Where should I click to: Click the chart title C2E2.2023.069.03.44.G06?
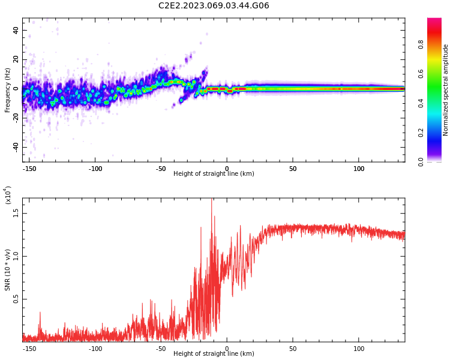pyautogui.click(x=214, y=6)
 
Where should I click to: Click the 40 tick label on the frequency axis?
pyautogui.click(x=16, y=30)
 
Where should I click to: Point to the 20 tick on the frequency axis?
pyautogui.click(x=16, y=59)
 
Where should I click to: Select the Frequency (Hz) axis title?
pyautogui.click(x=8, y=90)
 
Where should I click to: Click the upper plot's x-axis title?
pyautogui.click(x=214, y=174)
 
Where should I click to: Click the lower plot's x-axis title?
pyautogui.click(x=214, y=354)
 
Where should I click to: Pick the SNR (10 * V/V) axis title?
pyautogui.click(x=8, y=270)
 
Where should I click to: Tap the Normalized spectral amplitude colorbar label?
pyautogui.click(x=446, y=90)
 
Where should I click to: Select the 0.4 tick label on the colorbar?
pyautogui.click(x=437, y=103)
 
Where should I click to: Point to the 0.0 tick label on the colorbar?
pyautogui.click(x=437, y=161)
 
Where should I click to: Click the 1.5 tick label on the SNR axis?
pyautogui.click(x=16, y=212)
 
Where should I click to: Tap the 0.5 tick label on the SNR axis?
pyautogui.click(x=16, y=298)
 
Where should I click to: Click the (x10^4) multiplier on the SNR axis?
pyautogui.click(x=8, y=196)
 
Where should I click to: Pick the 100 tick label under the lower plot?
pyautogui.click(x=359, y=349)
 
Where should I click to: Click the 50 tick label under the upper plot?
pyautogui.click(x=293, y=169)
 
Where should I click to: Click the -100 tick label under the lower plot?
pyautogui.click(x=95, y=349)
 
